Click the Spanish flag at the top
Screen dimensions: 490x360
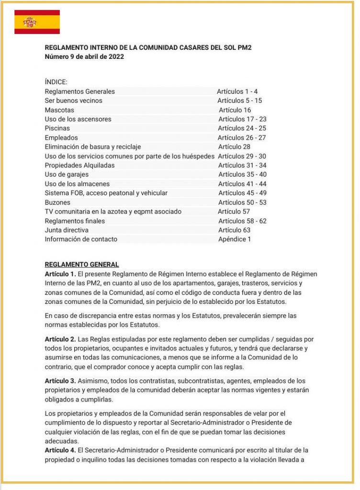click(x=37, y=22)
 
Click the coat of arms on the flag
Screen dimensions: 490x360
click(x=30, y=22)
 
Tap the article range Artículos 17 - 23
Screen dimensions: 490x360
click(x=242, y=119)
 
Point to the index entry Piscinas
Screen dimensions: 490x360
click(x=57, y=128)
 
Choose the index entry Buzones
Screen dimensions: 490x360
click(x=57, y=202)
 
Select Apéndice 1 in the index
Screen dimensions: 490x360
click(x=234, y=239)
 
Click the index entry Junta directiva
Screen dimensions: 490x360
click(x=66, y=230)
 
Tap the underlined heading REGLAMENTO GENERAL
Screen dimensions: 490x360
click(x=81, y=265)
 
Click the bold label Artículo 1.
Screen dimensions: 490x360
click(x=60, y=274)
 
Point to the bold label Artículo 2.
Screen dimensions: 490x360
click(x=60, y=339)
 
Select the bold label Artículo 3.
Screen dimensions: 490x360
click(x=60, y=381)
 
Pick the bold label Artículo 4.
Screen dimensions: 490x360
click(x=60, y=450)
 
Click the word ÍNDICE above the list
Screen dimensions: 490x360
click(x=56, y=82)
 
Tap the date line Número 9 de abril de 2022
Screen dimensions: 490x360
click(x=85, y=57)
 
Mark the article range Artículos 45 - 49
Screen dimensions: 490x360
click(x=242, y=193)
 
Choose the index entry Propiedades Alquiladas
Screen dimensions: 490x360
click(x=79, y=165)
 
